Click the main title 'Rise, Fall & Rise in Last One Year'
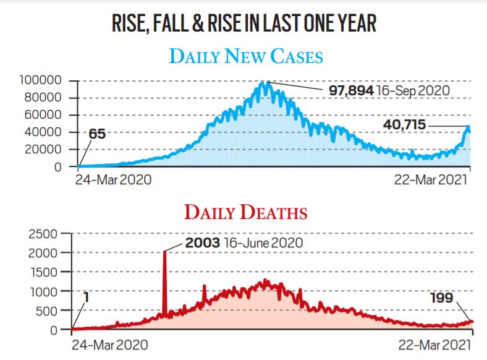coord(244,23)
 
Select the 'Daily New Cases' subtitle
coord(245,56)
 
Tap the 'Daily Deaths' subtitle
coord(245,213)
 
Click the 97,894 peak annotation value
coord(350,91)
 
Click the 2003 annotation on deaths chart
coord(203,242)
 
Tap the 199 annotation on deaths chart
coord(443,299)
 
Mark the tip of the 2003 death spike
coord(164,252)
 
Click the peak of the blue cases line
coord(265,82)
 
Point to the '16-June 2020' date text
coord(263,242)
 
